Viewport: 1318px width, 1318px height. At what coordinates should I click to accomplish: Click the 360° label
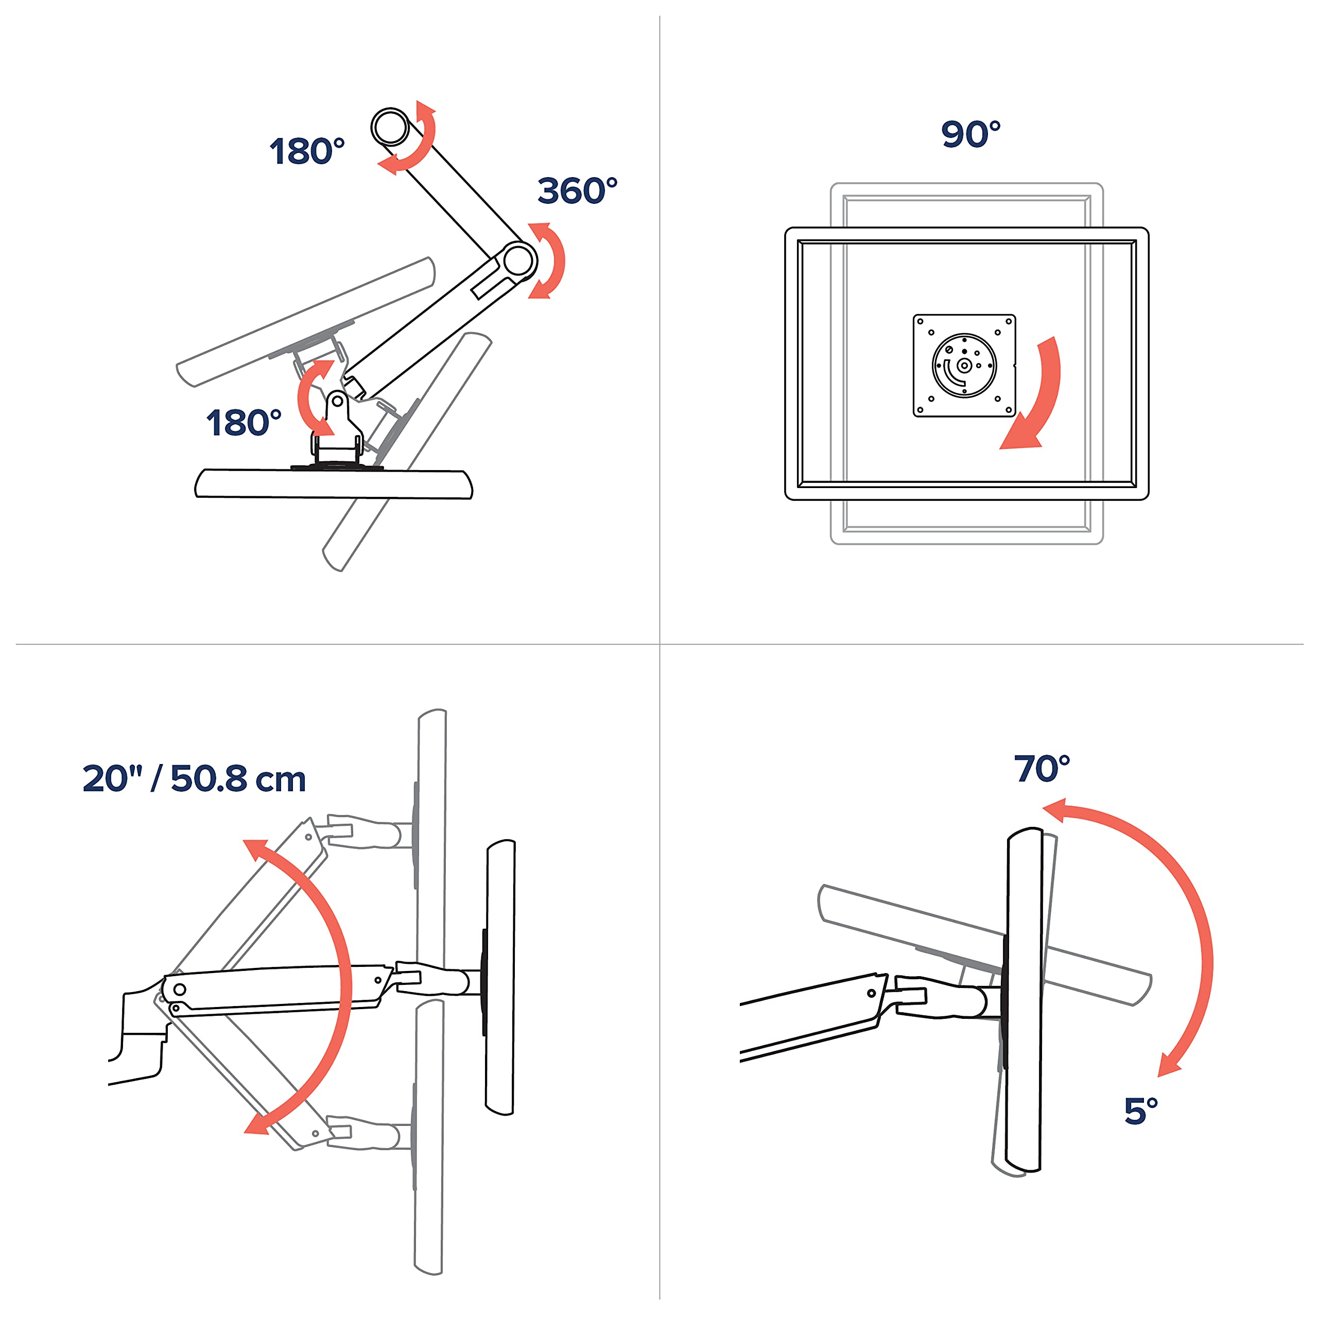point(577,190)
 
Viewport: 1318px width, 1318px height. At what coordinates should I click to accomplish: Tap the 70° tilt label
point(1042,769)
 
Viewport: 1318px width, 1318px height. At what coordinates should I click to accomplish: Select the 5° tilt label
point(1140,1112)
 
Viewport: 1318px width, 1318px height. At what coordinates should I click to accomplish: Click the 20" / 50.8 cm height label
point(195,778)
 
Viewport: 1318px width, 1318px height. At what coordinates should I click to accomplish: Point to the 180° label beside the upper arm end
point(307,151)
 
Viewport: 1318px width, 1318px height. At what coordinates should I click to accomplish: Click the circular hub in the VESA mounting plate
point(964,366)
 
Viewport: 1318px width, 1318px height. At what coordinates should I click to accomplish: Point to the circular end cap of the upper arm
point(390,126)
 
